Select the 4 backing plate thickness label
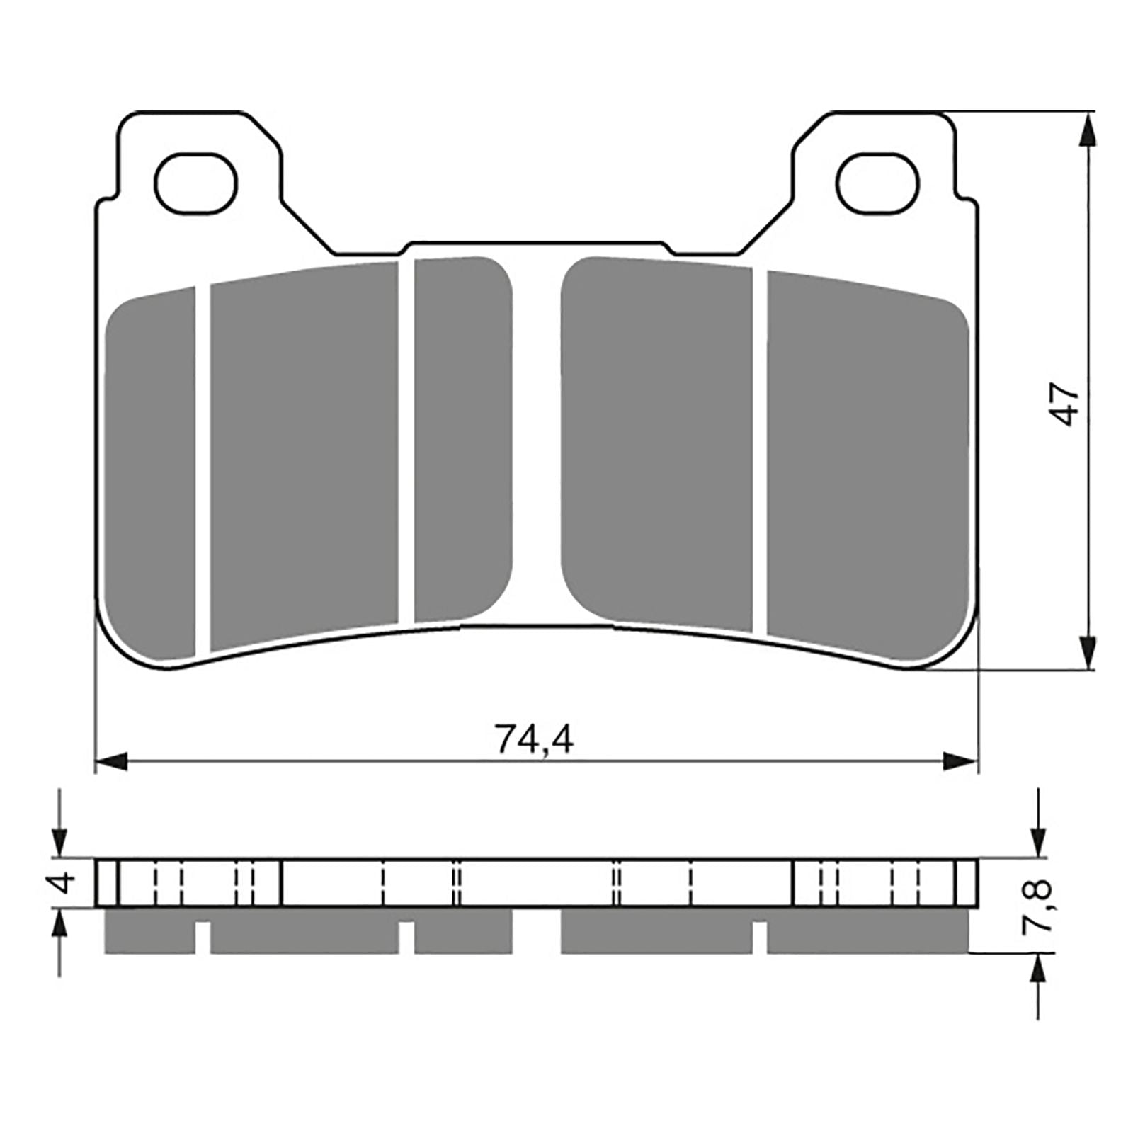tap(64, 884)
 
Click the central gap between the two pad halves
tap(536, 439)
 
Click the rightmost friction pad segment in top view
tap(867, 460)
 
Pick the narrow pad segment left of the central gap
tap(462, 439)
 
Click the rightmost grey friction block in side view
tap(867, 930)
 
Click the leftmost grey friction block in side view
tap(149, 930)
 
